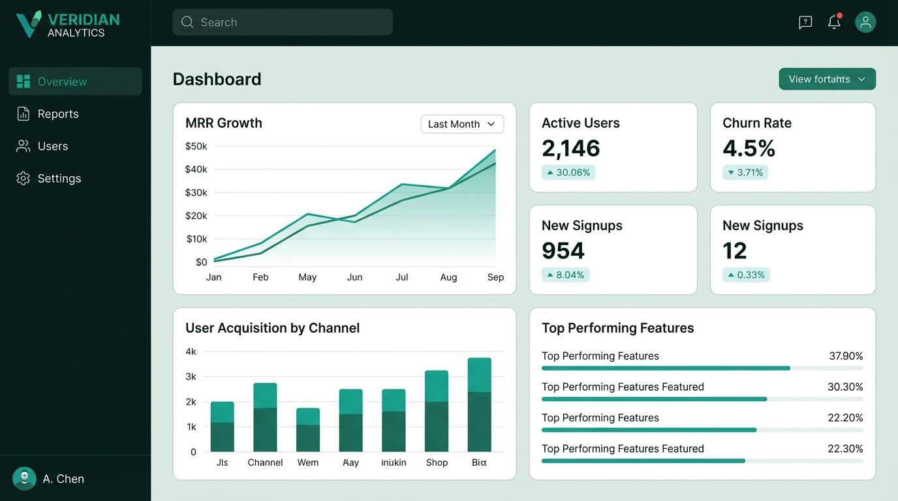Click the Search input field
[x=282, y=22]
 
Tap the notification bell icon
[x=834, y=22]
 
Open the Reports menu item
[x=57, y=114]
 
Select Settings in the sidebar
[x=59, y=179]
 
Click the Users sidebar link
[x=52, y=146]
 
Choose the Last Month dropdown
[x=462, y=124]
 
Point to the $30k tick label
[x=196, y=192]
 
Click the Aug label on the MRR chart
[x=448, y=277]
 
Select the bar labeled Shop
[x=437, y=411]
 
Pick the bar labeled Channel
[x=265, y=417]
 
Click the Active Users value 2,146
[x=571, y=149]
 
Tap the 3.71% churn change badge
[x=745, y=173]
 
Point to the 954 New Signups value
[x=563, y=251]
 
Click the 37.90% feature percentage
[x=846, y=356]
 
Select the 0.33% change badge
[x=746, y=275]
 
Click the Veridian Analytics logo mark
[x=29, y=23]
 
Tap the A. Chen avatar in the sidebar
[x=25, y=479]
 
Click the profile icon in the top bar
[x=865, y=22]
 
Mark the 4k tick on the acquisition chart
[x=191, y=352]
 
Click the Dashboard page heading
[x=217, y=80]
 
